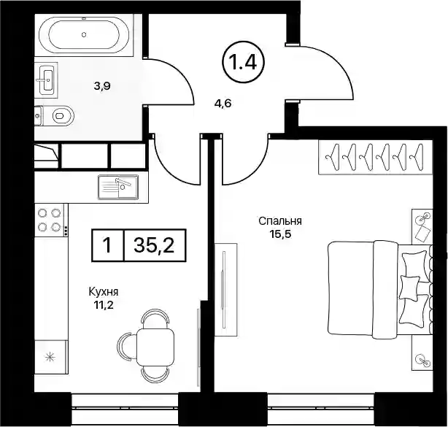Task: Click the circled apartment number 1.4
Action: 244,62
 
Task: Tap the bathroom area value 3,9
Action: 102,85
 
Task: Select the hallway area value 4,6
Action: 223,104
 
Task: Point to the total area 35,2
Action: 154,245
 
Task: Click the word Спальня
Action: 280,221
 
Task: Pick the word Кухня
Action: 104,292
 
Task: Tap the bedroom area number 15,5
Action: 280,234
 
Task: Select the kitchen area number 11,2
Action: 103,305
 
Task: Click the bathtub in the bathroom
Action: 84,34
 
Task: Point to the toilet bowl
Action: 63,116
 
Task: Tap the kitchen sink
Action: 118,187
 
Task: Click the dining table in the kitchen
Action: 155,345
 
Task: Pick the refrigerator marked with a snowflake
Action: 51,356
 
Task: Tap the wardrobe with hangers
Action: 376,157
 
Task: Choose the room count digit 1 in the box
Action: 107,245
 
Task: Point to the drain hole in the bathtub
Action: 84,34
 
